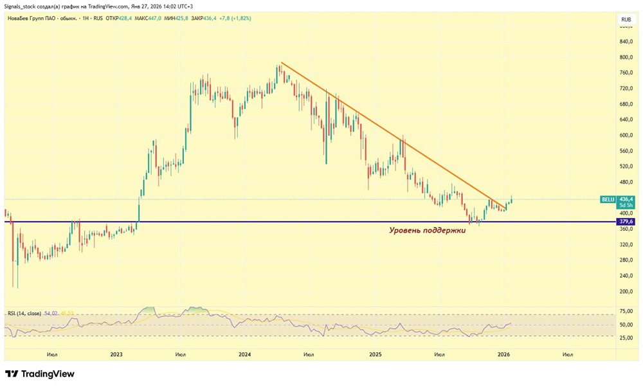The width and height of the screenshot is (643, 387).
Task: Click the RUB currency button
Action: coord(625,20)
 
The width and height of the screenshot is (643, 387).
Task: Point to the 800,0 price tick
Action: coord(626,57)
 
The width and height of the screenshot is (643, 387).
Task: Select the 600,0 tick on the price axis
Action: coord(626,136)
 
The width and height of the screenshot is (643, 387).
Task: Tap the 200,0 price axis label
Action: coord(626,291)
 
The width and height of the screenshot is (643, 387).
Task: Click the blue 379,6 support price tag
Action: coord(626,222)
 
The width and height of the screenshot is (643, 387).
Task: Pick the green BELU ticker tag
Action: coord(608,200)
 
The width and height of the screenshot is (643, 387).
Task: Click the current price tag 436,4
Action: coord(626,200)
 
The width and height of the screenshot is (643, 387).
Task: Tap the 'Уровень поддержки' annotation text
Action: coord(427,230)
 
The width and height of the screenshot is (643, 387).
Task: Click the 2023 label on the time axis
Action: coord(116,354)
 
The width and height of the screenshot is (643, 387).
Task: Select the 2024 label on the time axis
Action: coord(244,354)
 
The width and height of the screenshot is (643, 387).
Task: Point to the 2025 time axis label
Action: coord(376,354)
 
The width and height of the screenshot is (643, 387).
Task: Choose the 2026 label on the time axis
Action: coord(505,354)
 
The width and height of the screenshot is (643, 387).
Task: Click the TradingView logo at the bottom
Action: coord(40,373)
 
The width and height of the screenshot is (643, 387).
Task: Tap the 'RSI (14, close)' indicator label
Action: coord(24,313)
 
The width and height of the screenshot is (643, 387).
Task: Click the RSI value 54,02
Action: coord(51,313)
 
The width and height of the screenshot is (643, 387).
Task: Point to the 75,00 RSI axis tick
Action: coord(626,311)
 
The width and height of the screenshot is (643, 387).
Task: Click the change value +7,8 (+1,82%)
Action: coord(235,19)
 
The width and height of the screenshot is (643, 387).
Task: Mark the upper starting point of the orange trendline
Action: coord(281,63)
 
